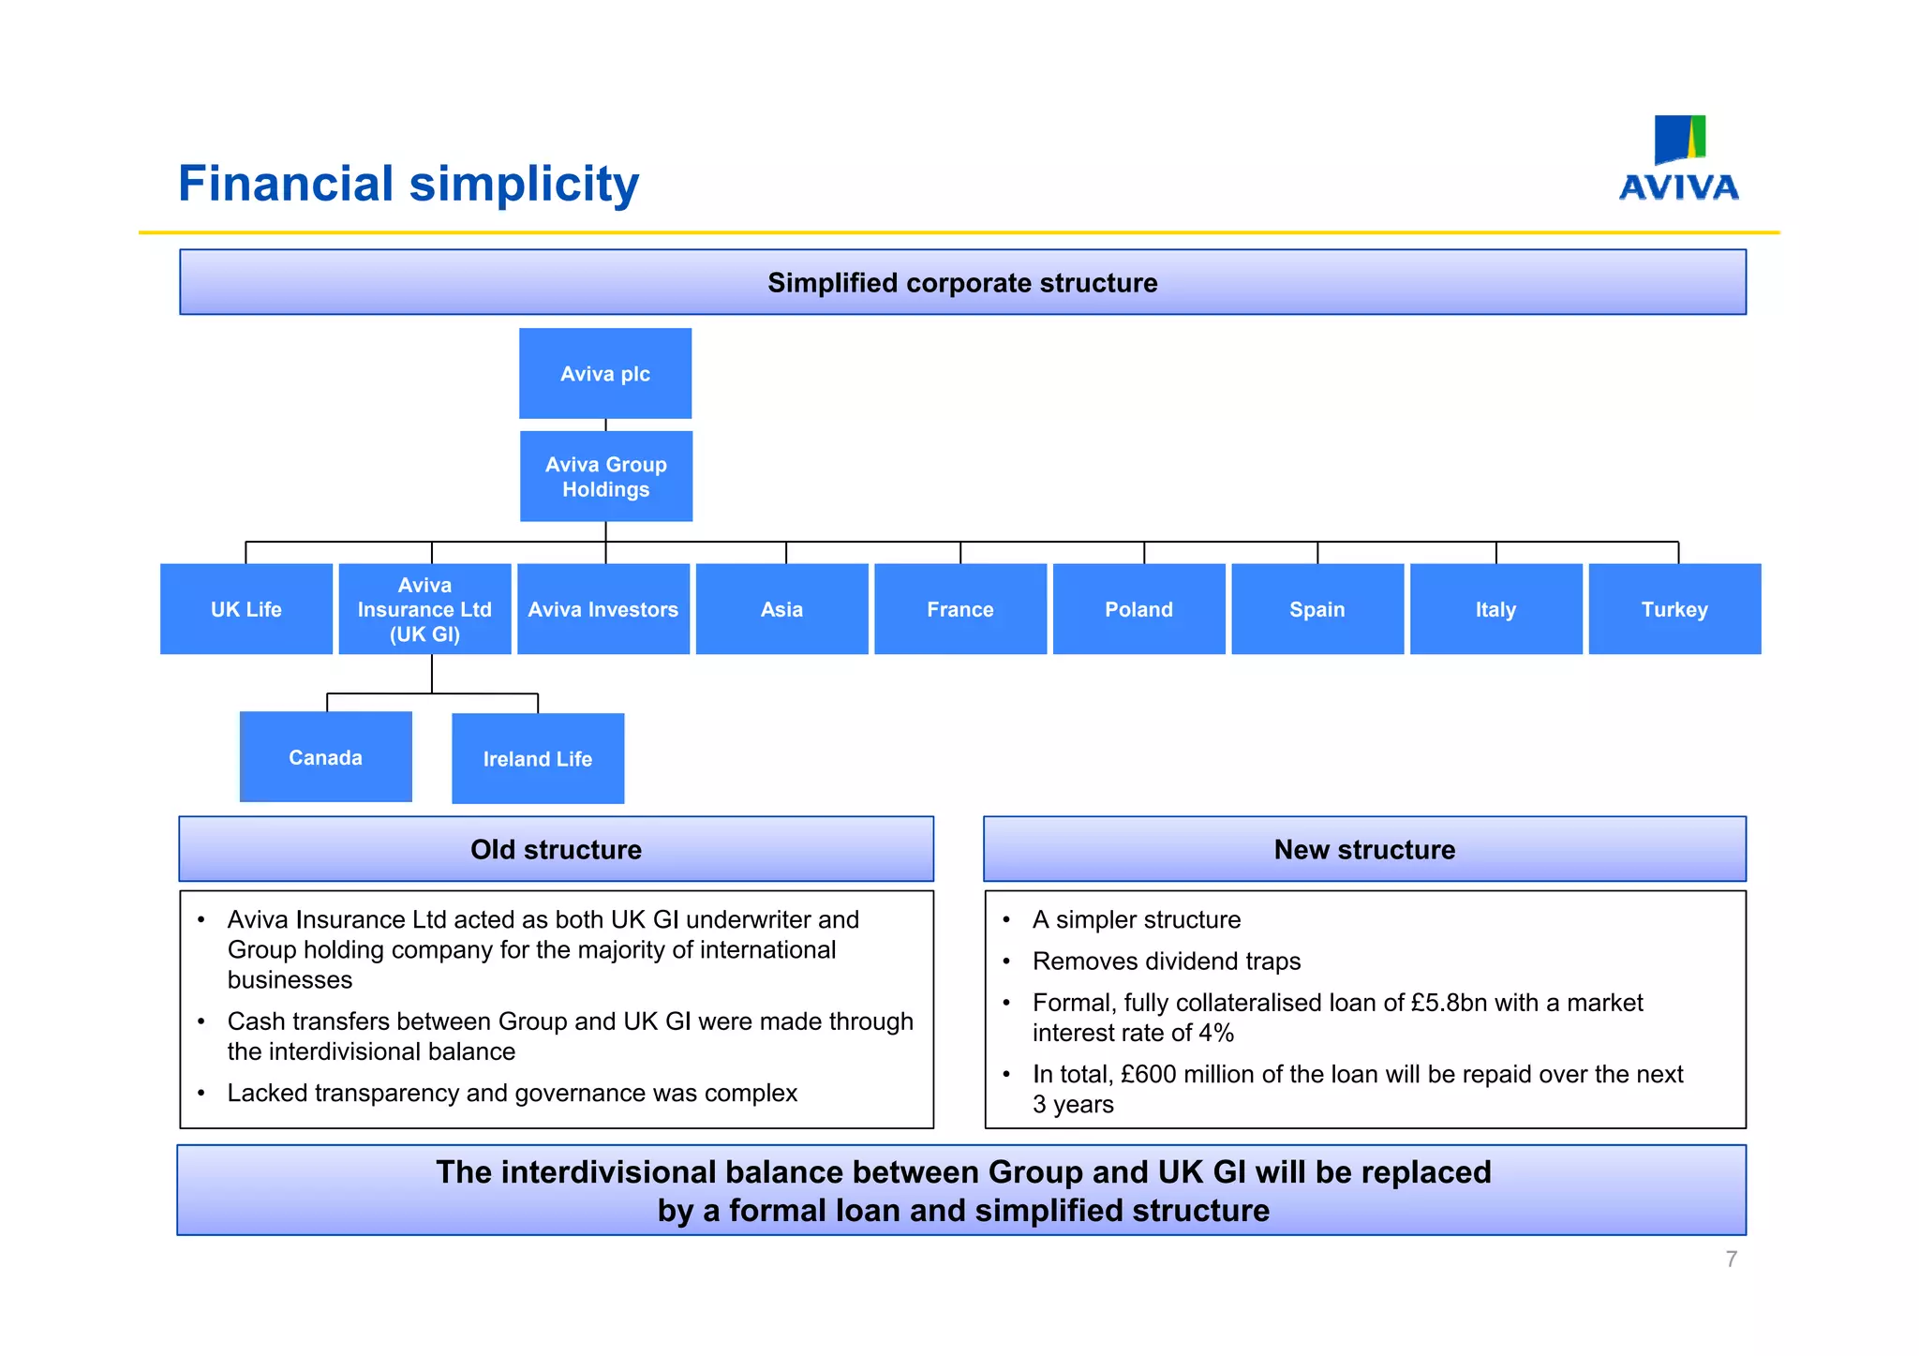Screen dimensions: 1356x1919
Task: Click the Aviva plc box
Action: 605,373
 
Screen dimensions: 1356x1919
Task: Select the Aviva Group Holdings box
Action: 606,476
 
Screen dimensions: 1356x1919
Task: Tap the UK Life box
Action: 246,609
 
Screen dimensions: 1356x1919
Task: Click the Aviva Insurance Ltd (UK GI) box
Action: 424,609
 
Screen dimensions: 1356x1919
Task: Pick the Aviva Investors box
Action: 603,609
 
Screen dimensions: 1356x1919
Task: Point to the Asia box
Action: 781,609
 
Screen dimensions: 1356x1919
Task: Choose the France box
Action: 960,609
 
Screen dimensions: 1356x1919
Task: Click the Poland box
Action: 1138,609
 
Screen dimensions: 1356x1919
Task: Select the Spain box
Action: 1317,609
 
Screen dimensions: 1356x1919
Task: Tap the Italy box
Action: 1495,609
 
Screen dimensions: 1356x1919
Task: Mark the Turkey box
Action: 1674,609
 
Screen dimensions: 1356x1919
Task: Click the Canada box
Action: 325,757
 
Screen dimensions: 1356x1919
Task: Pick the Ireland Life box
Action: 538,759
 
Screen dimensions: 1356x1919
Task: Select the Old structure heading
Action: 556,849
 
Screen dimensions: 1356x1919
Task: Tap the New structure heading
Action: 1364,849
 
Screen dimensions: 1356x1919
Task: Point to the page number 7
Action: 1731,1259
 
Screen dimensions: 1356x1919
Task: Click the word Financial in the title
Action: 286,184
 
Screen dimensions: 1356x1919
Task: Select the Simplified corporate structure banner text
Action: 962,283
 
